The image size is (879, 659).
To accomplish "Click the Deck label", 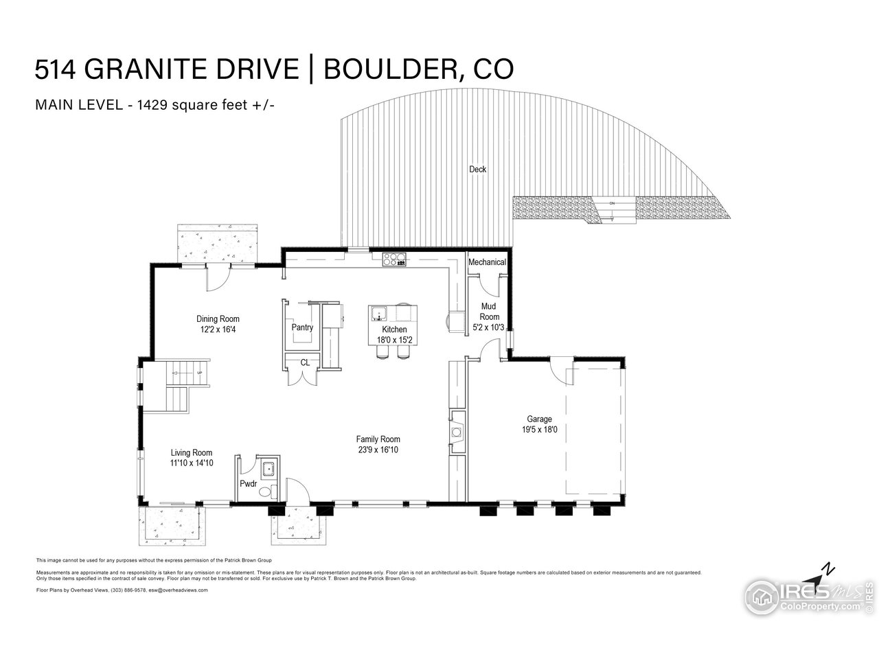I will pos(477,169).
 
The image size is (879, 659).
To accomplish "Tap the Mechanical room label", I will pos(487,262).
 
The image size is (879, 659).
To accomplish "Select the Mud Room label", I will pos(489,312).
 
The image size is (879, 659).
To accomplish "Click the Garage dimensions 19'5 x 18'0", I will pos(539,430).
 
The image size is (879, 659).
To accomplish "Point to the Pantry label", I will pos(302,327).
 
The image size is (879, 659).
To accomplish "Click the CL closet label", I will pos(305,362).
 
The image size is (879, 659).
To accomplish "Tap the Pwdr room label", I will pos(248,484).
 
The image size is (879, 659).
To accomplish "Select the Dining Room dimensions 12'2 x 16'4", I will pos(218,329).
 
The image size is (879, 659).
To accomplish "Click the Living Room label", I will pos(191,452).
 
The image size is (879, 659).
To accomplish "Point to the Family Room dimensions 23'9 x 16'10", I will pos(378,450).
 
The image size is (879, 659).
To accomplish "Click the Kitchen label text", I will pos(394,329).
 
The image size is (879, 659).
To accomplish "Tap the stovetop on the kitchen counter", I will pos(394,259).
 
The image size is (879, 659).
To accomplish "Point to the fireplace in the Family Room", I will pos(455,431).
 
